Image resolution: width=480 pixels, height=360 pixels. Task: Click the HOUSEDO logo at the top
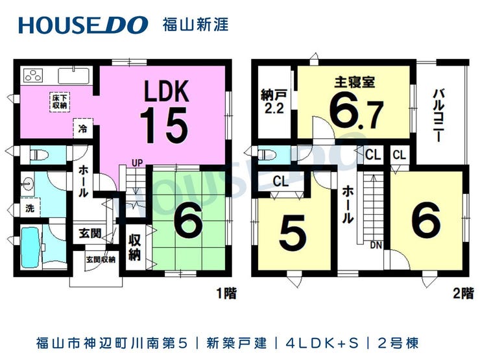tap(83, 25)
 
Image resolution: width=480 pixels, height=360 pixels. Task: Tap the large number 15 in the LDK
tap(163, 125)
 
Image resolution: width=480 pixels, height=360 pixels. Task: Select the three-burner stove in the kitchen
tap(33, 75)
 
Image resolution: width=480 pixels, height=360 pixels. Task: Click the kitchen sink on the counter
tap(73, 76)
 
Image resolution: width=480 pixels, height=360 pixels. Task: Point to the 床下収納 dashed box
tap(60, 102)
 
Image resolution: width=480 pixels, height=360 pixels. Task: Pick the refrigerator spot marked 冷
tap(82, 128)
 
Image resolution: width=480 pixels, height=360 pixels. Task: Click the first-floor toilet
tap(40, 154)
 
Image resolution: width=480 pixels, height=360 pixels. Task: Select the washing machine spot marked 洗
tap(30, 208)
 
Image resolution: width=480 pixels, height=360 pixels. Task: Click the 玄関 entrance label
tap(90, 234)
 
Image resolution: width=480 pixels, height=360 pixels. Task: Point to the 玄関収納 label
tap(101, 259)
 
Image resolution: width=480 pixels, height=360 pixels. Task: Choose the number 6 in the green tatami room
tap(188, 222)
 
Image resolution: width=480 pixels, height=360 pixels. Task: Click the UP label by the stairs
tap(137, 163)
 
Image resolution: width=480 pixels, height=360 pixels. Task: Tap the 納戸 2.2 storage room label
tap(274, 102)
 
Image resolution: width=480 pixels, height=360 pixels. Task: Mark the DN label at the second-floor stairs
tap(376, 245)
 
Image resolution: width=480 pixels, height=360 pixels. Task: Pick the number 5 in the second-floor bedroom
tap(293, 233)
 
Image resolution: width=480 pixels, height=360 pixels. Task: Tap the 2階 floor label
tap(464, 293)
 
